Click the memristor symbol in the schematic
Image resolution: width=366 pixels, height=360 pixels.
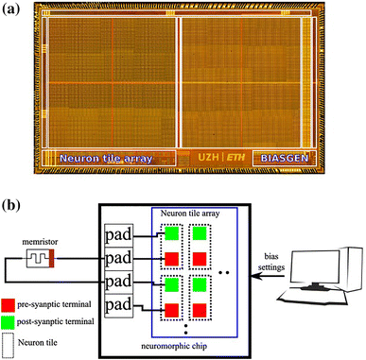tap(44, 257)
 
